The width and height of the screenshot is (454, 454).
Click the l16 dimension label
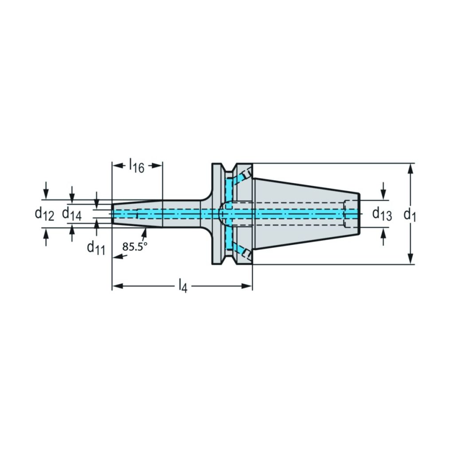coord(137,166)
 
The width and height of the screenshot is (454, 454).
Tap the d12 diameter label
coord(44,214)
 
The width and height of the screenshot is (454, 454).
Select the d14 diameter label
coord(72,214)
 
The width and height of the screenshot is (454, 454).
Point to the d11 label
coord(96,248)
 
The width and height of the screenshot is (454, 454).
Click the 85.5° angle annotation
coord(135,247)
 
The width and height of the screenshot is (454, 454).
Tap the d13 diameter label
coord(382,214)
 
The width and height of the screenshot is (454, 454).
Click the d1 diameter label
coord(410,215)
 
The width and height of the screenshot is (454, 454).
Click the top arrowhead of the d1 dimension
coord(410,168)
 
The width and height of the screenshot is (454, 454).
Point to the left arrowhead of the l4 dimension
coord(117,286)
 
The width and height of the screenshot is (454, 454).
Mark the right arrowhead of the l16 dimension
coord(157,166)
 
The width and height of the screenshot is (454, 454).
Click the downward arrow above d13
coord(384,191)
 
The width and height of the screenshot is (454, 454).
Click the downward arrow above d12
coord(46,191)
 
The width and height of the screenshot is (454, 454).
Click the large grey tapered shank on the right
coord(306,214)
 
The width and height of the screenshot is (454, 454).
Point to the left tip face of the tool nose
coord(112,214)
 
